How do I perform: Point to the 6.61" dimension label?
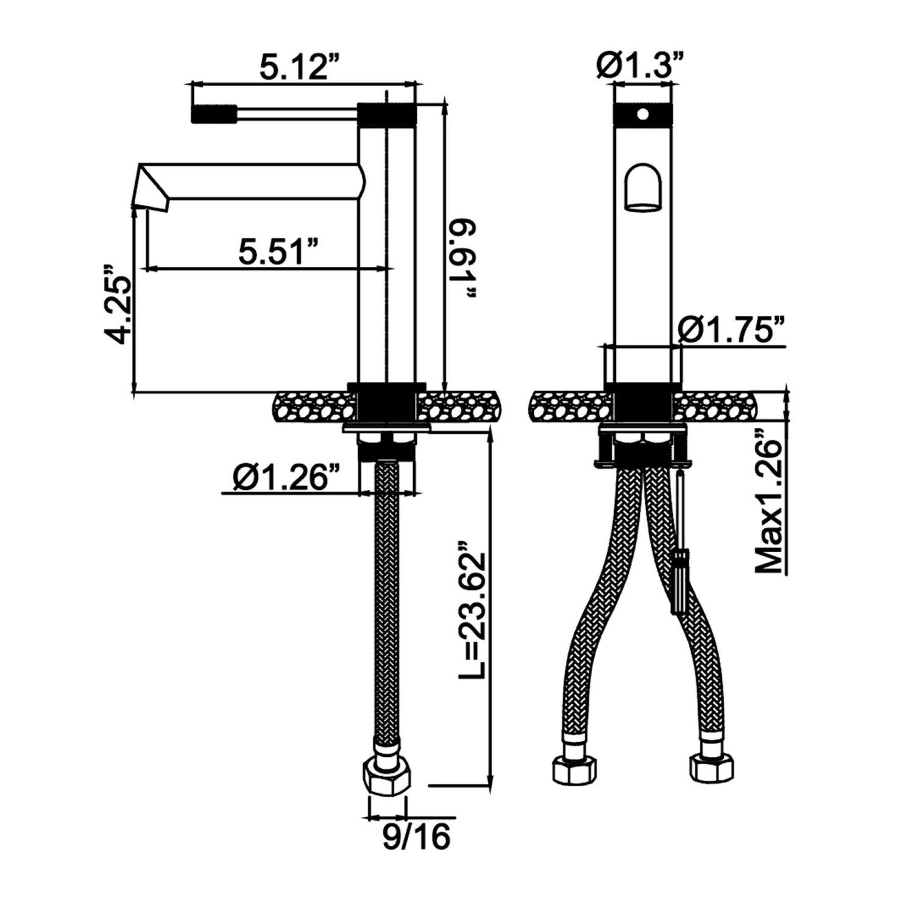[463, 259]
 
